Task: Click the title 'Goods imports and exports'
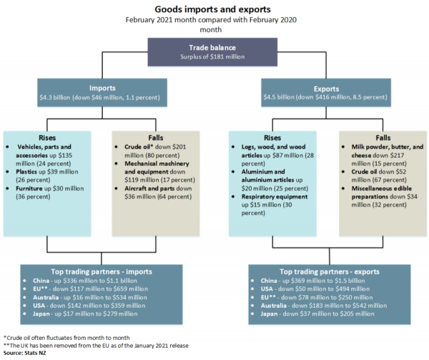coord(214,10)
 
